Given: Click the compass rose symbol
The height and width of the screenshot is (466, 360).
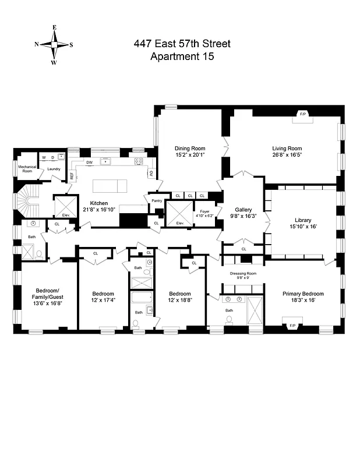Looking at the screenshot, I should (x=54, y=44).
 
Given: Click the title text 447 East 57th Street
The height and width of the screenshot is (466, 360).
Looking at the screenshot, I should (x=182, y=44).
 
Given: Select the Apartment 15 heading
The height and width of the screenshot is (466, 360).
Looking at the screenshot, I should (x=182, y=57).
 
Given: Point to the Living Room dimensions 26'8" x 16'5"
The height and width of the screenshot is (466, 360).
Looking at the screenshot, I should (x=287, y=156).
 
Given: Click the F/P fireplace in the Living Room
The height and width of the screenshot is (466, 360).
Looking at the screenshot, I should (x=302, y=114).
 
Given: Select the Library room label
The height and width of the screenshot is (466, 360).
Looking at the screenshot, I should (x=303, y=220).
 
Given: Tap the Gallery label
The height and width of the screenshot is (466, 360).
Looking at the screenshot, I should (x=243, y=209).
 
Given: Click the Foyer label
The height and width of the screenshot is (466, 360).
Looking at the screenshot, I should (x=204, y=211).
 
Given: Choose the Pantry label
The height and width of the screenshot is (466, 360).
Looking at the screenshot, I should (x=156, y=201).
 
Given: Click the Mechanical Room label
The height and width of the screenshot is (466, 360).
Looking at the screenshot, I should (x=27, y=169).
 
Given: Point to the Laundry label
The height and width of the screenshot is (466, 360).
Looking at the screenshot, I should (x=54, y=169).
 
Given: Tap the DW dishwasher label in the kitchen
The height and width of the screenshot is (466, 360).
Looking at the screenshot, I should (x=89, y=163).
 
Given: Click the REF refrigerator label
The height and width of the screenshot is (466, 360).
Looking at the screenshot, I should (x=72, y=175).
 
